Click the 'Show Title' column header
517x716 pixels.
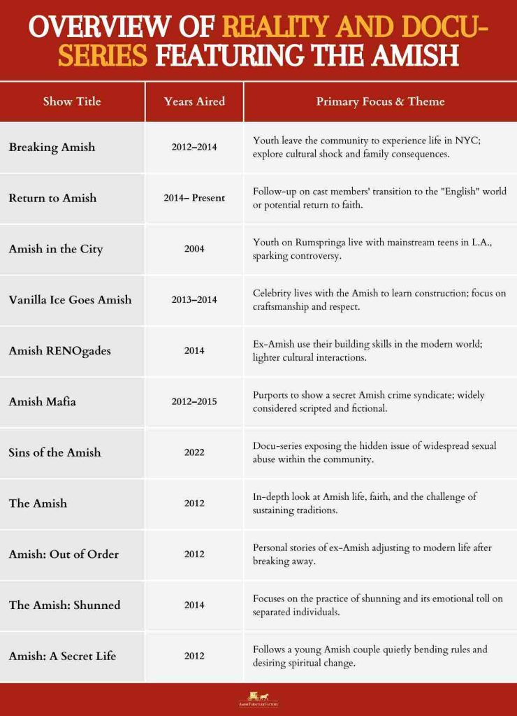click(72, 101)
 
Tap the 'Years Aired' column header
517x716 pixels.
click(194, 101)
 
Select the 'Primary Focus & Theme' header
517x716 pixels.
click(380, 101)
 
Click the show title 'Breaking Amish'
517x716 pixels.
click(52, 147)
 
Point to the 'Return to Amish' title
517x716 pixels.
click(52, 198)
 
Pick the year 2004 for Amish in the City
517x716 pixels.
click(194, 249)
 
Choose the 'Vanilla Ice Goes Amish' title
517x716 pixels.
click(70, 300)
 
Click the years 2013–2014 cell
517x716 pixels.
click(194, 300)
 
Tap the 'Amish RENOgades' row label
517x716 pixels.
click(59, 350)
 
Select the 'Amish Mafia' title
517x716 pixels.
click(42, 401)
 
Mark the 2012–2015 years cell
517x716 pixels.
click(194, 401)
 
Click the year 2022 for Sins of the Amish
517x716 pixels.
click(194, 452)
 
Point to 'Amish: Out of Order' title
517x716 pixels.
click(64, 554)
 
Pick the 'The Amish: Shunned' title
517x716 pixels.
click(64, 605)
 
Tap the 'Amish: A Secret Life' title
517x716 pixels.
click(62, 656)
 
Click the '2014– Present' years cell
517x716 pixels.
click(194, 198)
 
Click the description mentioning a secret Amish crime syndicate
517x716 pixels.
click(368, 401)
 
